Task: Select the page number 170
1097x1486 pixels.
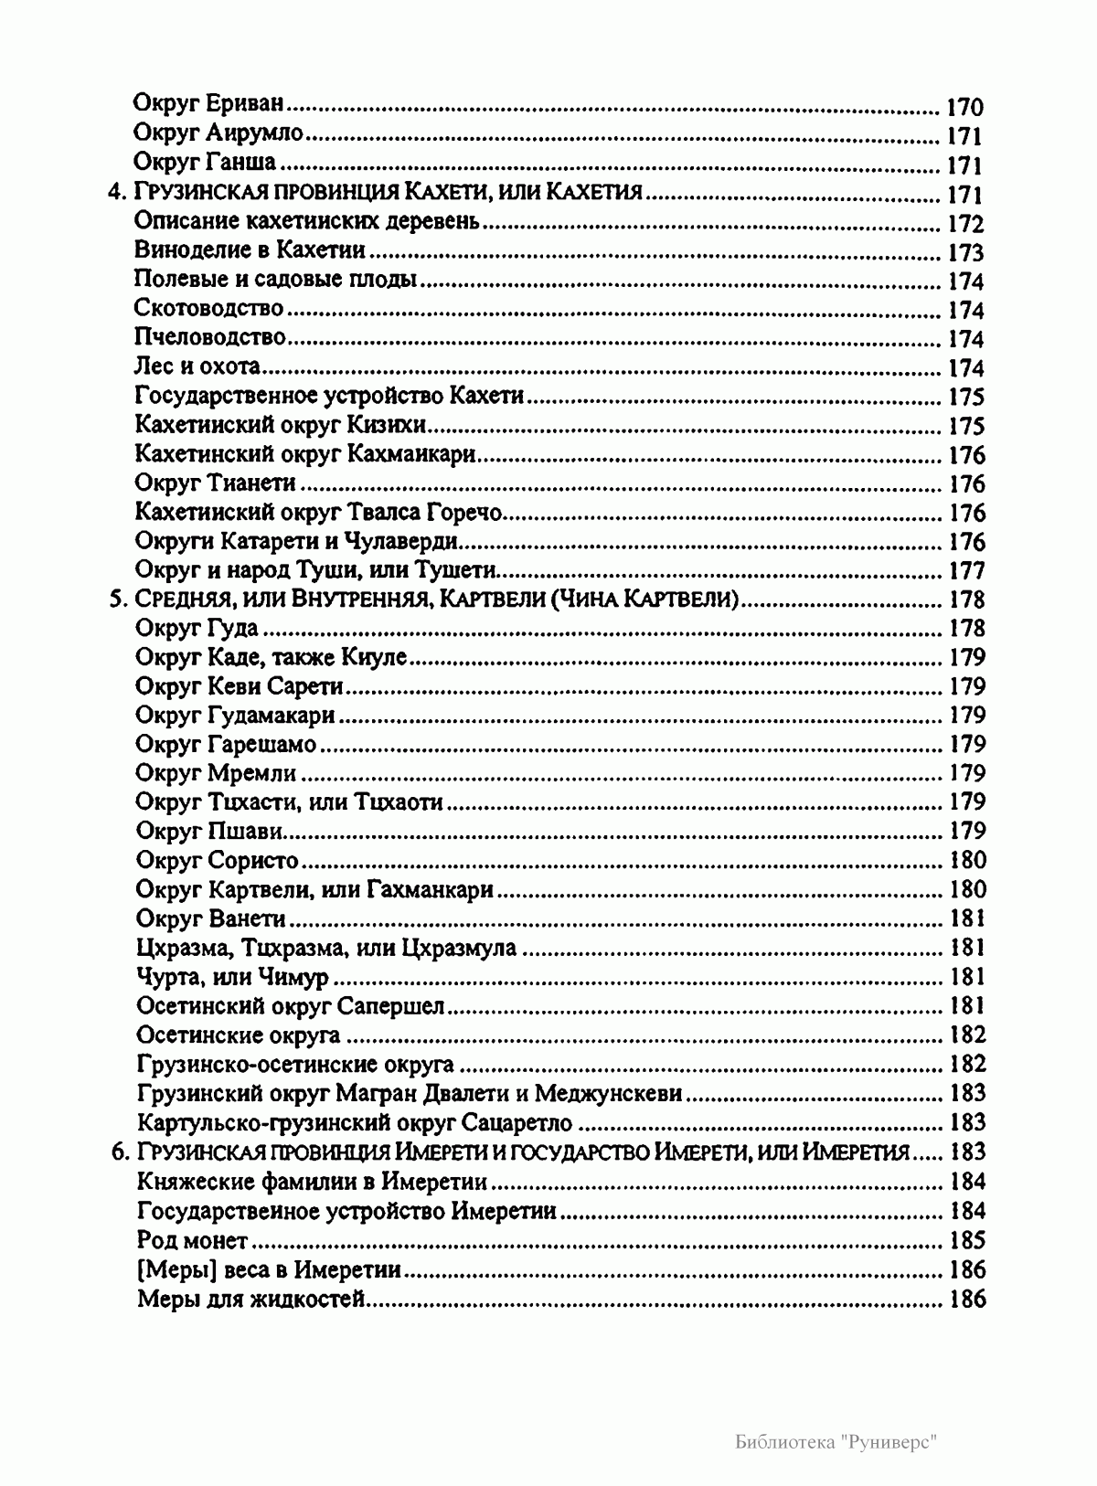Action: tap(964, 108)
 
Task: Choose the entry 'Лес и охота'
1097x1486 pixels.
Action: tap(197, 367)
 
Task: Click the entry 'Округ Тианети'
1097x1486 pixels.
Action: tap(215, 483)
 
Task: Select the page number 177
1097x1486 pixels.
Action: tap(966, 571)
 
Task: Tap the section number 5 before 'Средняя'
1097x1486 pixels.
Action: tap(116, 600)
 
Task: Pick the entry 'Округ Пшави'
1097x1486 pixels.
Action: tap(208, 831)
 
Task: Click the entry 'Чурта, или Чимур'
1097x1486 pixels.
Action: tap(232, 977)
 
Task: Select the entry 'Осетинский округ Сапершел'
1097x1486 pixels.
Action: tap(290, 1006)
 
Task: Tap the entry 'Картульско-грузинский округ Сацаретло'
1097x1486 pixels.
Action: tap(354, 1122)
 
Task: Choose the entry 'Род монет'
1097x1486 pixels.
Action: tap(191, 1240)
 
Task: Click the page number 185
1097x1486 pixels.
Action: tap(968, 1240)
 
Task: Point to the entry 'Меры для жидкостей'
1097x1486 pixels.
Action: tap(251, 1299)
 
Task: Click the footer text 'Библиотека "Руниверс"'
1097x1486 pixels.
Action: tap(837, 1441)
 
